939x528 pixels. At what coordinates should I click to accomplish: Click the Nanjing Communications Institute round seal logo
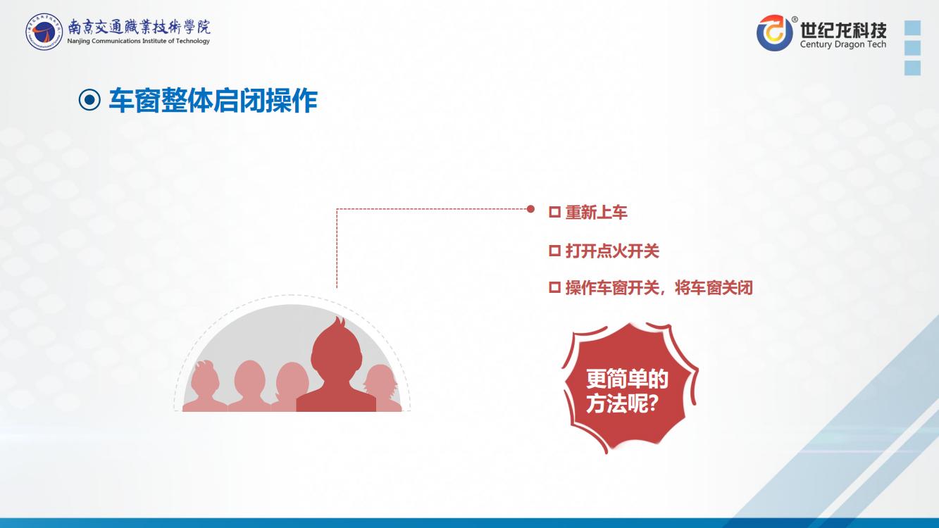pyautogui.click(x=44, y=31)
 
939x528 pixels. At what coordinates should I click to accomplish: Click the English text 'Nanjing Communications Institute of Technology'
pyautogui.click(x=138, y=41)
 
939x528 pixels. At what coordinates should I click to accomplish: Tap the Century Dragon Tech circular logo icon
pyautogui.click(x=775, y=33)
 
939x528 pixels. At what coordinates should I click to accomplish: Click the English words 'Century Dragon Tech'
pyautogui.click(x=843, y=44)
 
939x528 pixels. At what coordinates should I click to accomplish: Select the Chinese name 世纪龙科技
pyautogui.click(x=843, y=30)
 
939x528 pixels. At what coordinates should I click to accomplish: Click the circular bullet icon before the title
pyautogui.click(x=89, y=100)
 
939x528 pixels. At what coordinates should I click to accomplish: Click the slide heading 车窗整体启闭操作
pyautogui.click(x=213, y=100)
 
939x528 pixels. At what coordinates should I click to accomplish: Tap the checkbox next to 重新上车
pyautogui.click(x=554, y=212)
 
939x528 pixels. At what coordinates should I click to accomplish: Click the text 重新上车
pyautogui.click(x=596, y=213)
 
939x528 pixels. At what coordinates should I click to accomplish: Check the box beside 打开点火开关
pyautogui.click(x=554, y=251)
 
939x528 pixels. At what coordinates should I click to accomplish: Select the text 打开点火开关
pyautogui.click(x=612, y=251)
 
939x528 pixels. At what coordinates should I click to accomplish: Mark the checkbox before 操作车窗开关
pyautogui.click(x=554, y=287)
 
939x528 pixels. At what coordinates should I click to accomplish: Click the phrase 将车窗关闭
pyautogui.click(x=714, y=289)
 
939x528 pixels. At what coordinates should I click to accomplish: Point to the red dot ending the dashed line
pyautogui.click(x=530, y=208)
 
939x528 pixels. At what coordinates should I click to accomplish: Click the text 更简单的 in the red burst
pyautogui.click(x=627, y=379)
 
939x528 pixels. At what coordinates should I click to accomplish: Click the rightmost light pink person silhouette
pyautogui.click(x=383, y=389)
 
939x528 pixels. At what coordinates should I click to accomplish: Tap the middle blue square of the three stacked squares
pyautogui.click(x=913, y=48)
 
